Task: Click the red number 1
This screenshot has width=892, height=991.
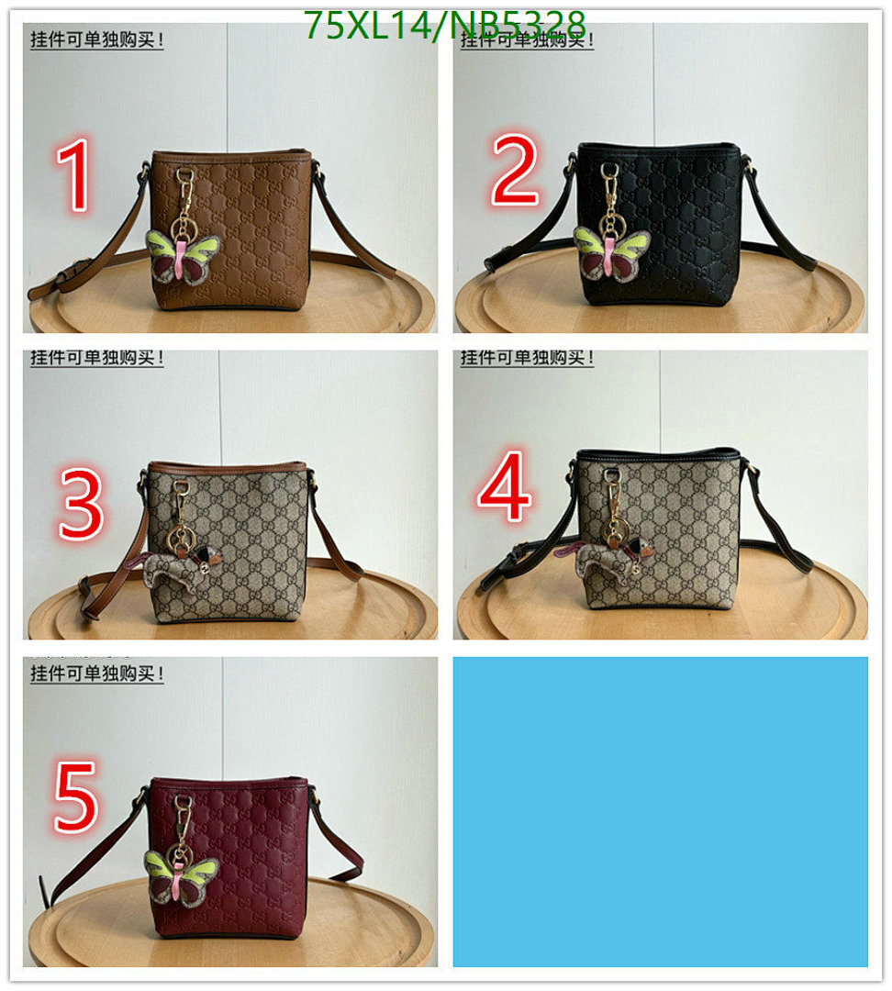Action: [x=74, y=176]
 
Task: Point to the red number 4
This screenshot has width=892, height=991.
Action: [x=505, y=487]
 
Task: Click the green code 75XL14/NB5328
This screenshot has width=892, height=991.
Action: [x=444, y=25]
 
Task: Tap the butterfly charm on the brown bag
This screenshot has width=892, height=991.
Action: [x=183, y=256]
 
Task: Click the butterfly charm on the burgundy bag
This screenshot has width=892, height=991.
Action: [x=182, y=876]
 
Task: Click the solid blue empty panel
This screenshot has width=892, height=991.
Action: [x=660, y=811]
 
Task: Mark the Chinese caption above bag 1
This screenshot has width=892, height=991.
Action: [x=97, y=41]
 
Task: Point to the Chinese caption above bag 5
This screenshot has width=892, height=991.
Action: [x=97, y=674]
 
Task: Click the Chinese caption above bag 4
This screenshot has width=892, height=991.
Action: [x=527, y=358]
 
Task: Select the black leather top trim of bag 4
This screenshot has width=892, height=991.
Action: [x=657, y=456]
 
